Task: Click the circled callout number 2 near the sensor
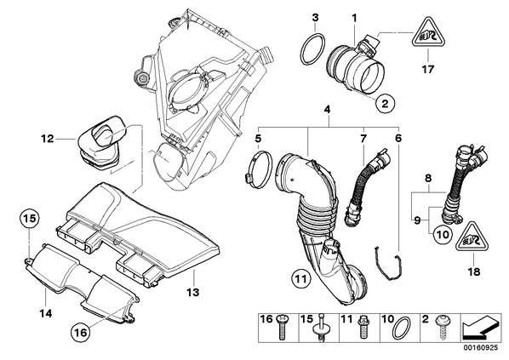point(385,103)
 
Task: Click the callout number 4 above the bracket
point(327,110)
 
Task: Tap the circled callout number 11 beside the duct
point(301,278)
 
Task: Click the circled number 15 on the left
point(30,218)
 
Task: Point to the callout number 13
point(193,292)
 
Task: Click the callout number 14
point(46,313)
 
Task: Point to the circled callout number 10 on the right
point(443,234)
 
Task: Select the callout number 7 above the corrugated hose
point(363,139)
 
